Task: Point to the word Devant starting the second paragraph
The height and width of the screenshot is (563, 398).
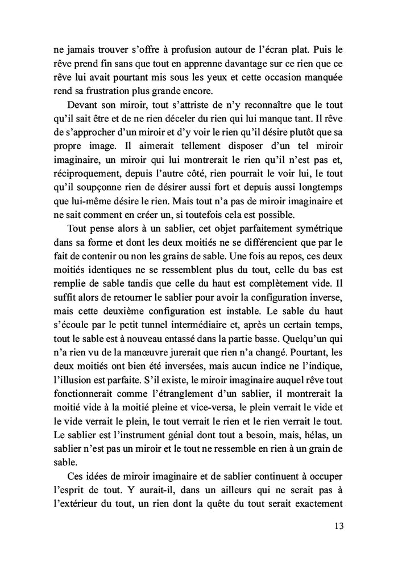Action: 82,106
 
